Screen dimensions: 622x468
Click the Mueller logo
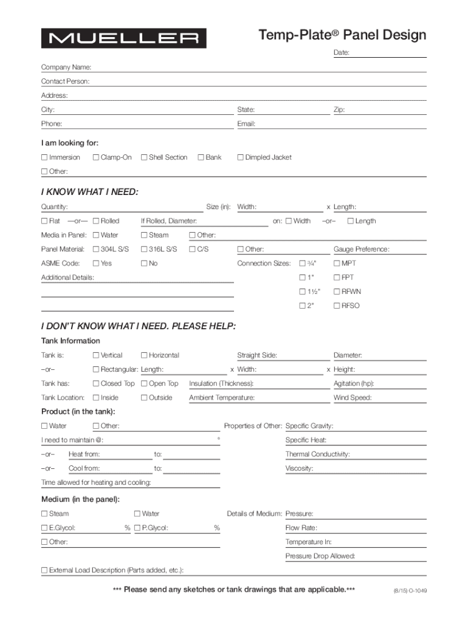click(x=123, y=38)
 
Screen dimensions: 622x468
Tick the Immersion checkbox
click(x=44, y=157)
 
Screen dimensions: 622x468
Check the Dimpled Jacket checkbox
click(x=241, y=157)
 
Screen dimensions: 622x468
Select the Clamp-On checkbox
click(x=96, y=157)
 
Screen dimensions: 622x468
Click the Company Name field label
click(x=66, y=67)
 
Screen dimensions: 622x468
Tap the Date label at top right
click(x=341, y=53)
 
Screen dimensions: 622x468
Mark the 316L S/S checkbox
click(x=144, y=249)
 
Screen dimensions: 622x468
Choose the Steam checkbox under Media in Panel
click(x=144, y=235)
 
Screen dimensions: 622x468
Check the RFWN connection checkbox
click(x=337, y=292)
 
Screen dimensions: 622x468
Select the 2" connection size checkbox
click(x=302, y=306)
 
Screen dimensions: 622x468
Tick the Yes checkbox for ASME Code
click(x=96, y=264)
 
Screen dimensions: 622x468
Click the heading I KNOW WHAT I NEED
click(x=89, y=193)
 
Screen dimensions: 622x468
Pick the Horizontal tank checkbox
click(x=144, y=355)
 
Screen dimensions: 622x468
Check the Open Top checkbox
click(x=144, y=383)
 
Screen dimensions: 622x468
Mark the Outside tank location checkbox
click(x=144, y=398)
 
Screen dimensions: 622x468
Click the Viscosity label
click(x=299, y=468)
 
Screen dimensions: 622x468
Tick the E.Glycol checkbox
click(x=44, y=528)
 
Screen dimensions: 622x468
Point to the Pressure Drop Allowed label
click(x=320, y=556)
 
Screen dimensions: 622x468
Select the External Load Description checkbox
click(x=44, y=570)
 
